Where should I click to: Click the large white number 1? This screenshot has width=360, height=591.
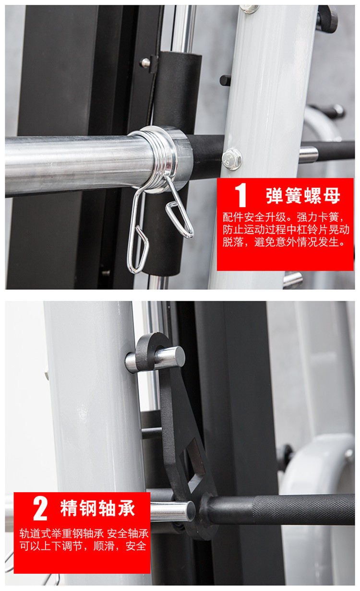[240, 195]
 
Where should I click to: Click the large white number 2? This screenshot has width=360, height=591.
[40, 508]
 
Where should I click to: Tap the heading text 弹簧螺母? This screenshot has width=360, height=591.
[303, 196]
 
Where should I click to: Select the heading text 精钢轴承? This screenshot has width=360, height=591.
[97, 508]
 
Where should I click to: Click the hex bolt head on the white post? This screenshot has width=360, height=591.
[232, 159]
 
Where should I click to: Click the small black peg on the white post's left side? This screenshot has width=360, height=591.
[225, 80]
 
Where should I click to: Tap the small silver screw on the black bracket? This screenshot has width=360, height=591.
[145, 63]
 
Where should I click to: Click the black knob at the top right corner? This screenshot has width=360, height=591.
[327, 19]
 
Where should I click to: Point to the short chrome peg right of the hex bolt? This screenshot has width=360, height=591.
[308, 155]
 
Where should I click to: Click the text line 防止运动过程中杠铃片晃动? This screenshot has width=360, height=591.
[286, 229]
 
